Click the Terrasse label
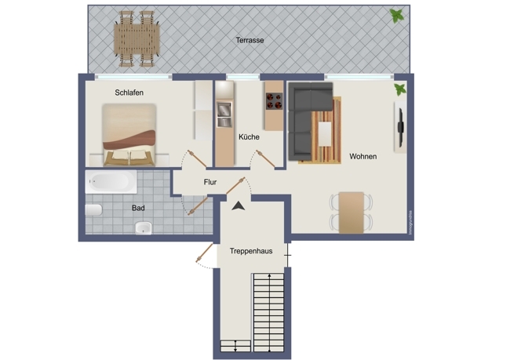(x=250, y=40)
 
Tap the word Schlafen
(x=129, y=93)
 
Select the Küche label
(x=249, y=136)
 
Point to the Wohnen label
(x=362, y=156)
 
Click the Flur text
(x=210, y=182)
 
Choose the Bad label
(x=138, y=209)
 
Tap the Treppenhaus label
(x=251, y=251)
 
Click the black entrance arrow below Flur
(x=237, y=205)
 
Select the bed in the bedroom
(x=129, y=136)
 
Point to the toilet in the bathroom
(x=93, y=210)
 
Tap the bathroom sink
(x=143, y=228)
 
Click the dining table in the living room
(x=351, y=211)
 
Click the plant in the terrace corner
(x=399, y=16)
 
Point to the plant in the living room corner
(x=401, y=89)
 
